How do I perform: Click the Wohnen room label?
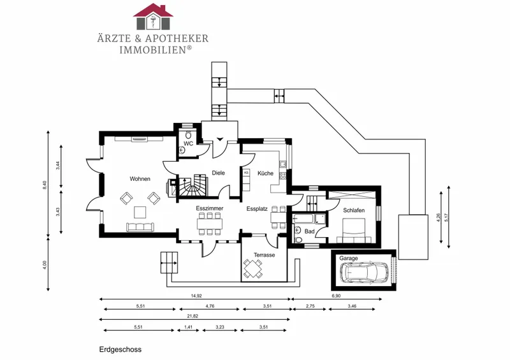click(140, 179)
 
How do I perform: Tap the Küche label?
click(265, 173)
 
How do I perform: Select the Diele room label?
click(218, 173)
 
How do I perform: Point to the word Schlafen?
click(354, 210)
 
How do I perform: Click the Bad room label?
click(310, 231)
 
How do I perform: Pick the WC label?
click(188, 143)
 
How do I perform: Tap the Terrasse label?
click(265, 255)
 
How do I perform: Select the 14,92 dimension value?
click(196, 296)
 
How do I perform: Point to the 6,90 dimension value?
click(336, 296)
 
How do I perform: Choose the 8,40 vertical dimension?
click(45, 185)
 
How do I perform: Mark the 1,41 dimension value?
click(188, 327)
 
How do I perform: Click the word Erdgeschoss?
click(120, 350)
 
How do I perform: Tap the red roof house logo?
click(153, 17)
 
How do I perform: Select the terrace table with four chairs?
click(253, 269)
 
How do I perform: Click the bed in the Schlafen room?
click(354, 230)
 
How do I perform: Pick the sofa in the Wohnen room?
click(140, 227)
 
